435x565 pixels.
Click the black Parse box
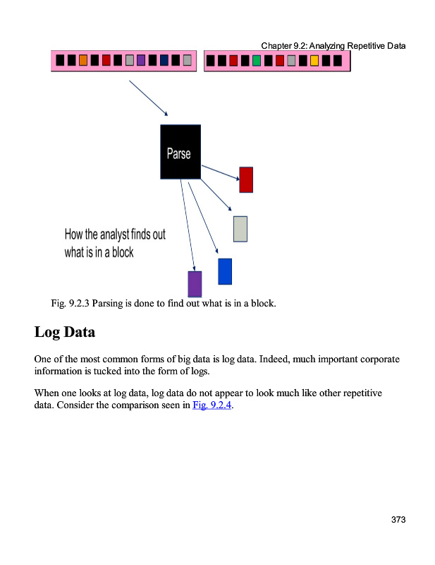[x=180, y=152]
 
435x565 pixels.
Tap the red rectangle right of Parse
[x=246, y=179]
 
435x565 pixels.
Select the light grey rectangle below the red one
[x=240, y=229]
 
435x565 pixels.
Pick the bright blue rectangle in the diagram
[x=225, y=271]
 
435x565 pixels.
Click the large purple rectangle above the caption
[x=195, y=283]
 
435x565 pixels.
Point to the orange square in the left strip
[x=83, y=60]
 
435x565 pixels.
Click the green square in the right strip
[x=257, y=60]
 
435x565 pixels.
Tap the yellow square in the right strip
[x=314, y=60]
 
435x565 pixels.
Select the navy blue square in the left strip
[x=164, y=60]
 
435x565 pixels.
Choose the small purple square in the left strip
[x=140, y=60]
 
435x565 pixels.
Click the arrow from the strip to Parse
[x=148, y=97]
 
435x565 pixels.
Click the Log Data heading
[x=64, y=331]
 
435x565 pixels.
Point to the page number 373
[x=398, y=520]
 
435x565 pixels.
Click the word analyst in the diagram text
[x=114, y=234]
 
